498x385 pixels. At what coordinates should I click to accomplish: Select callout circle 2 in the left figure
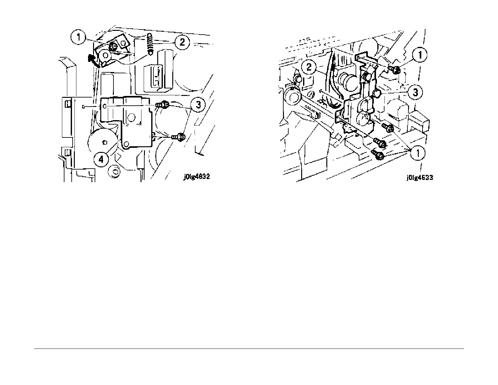click(x=182, y=42)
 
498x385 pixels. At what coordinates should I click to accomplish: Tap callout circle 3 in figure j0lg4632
click(x=198, y=104)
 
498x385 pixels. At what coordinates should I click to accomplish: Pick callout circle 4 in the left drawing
click(x=101, y=159)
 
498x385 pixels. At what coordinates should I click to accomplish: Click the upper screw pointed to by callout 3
click(x=163, y=104)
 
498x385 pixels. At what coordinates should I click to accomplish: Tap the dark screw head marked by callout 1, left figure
click(x=113, y=46)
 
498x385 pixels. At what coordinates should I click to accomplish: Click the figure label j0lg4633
click(x=419, y=177)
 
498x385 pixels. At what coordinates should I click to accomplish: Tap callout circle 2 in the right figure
click(x=309, y=67)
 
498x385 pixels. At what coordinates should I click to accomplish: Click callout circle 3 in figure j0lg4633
click(x=415, y=92)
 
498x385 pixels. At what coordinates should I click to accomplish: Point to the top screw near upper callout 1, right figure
click(x=395, y=70)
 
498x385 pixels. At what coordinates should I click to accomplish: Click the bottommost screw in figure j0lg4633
click(x=378, y=154)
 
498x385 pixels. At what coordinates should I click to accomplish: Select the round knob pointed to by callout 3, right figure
click(x=377, y=93)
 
